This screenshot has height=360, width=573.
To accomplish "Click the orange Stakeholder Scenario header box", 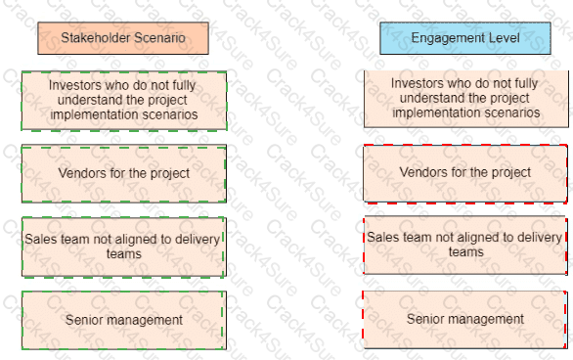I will (x=123, y=38).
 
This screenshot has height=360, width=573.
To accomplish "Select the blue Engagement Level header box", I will (x=464, y=38).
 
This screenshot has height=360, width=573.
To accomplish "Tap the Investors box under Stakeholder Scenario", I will (x=123, y=100).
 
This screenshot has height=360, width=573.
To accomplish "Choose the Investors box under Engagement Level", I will (x=464, y=98).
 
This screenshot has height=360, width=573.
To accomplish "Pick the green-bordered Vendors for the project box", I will (x=123, y=173).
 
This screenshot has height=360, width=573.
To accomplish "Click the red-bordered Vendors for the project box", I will (x=464, y=173).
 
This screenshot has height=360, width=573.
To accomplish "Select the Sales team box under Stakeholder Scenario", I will (x=123, y=246).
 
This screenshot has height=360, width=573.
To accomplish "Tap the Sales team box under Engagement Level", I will (x=464, y=244).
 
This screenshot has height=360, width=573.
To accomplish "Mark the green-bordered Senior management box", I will (x=123, y=319).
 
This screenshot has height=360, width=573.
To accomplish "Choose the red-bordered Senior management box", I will (x=464, y=319).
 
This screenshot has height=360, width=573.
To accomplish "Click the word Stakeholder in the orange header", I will (x=94, y=38).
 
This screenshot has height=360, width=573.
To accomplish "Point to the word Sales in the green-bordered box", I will (x=39, y=238).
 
